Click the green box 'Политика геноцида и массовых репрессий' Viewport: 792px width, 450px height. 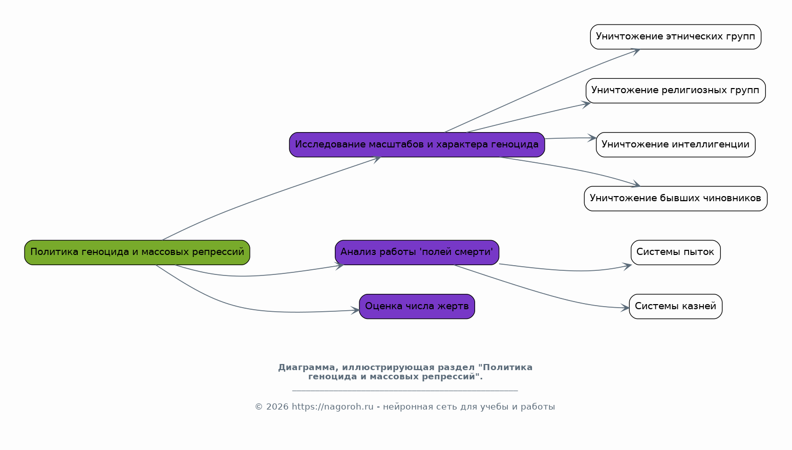coord(137,252)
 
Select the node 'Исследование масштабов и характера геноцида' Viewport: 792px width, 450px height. coord(417,144)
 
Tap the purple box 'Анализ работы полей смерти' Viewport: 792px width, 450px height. coord(417,252)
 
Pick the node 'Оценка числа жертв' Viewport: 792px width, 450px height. coord(417,307)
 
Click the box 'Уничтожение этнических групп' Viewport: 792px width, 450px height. coord(676,37)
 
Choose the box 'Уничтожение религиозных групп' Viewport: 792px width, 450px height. coord(676,91)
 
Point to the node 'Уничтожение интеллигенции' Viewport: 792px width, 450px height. coord(676,144)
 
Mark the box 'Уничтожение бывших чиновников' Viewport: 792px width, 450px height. coord(676,199)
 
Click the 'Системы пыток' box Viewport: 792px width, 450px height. coord(676,252)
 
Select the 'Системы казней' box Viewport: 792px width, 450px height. coord(676,307)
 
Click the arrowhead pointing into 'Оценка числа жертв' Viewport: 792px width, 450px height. coord(355,311)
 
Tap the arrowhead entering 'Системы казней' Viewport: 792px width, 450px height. coord(625,308)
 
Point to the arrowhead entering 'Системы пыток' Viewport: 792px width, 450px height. coord(627,266)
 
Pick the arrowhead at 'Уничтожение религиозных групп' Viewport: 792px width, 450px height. coord(586,104)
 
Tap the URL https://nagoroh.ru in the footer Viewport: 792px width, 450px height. coord(332,407)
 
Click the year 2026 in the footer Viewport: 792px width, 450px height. coord(277,407)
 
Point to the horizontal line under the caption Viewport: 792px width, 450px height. coord(405,391)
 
